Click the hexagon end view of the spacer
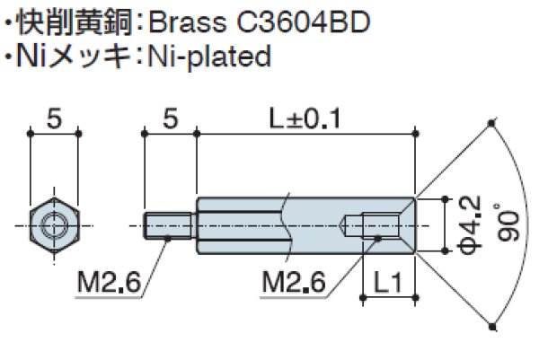pos(55,222)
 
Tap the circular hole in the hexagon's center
pos(55,222)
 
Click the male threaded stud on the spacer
pos(168,223)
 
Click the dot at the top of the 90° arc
pos(492,121)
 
